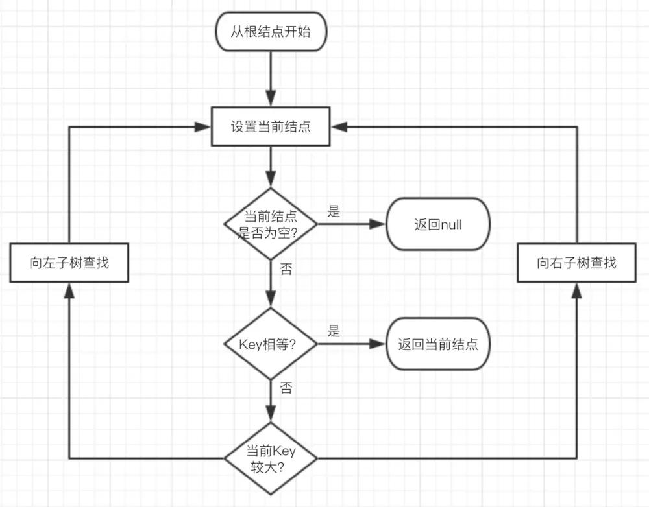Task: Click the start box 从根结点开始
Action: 271,30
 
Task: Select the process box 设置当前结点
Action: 271,126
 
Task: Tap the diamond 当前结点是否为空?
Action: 271,224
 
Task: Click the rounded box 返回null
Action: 438,224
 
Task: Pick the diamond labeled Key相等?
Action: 271,344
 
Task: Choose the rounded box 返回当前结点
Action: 438,344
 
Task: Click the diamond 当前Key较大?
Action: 271,458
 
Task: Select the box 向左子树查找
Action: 69,263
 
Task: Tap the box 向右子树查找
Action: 576,263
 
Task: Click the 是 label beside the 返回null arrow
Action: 334,211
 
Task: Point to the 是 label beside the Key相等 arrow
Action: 334,331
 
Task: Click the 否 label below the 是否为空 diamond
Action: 286,269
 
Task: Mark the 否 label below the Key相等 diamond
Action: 286,388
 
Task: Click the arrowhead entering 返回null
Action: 378,224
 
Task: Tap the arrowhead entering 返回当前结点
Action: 378,344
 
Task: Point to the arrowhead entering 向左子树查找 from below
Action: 69,290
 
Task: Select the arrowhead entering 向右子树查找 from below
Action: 576,290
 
